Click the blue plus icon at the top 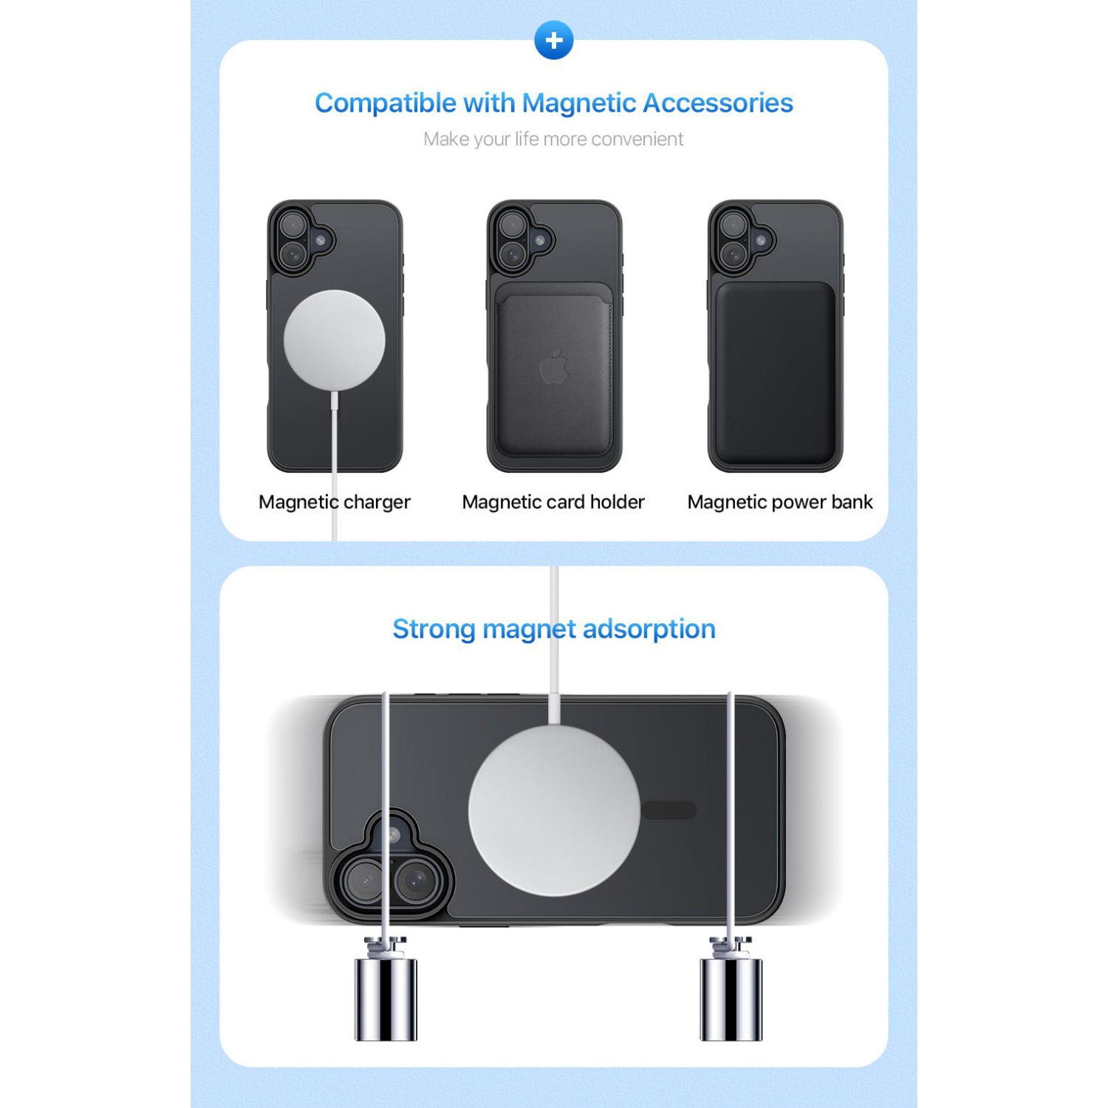click(x=554, y=41)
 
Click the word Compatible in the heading click(x=385, y=104)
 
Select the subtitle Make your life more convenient click(x=553, y=139)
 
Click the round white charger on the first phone click(x=335, y=340)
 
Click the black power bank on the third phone click(x=775, y=373)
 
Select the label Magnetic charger click(x=335, y=502)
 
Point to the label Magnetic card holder click(x=553, y=502)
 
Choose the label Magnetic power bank click(x=780, y=502)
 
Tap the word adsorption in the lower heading click(x=649, y=629)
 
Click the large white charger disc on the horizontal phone click(x=554, y=810)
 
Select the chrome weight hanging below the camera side click(x=386, y=997)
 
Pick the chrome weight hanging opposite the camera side click(x=731, y=997)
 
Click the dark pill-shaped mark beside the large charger click(x=668, y=810)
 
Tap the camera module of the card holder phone click(x=520, y=238)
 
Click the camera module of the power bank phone click(x=741, y=238)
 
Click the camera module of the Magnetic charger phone click(x=301, y=238)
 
